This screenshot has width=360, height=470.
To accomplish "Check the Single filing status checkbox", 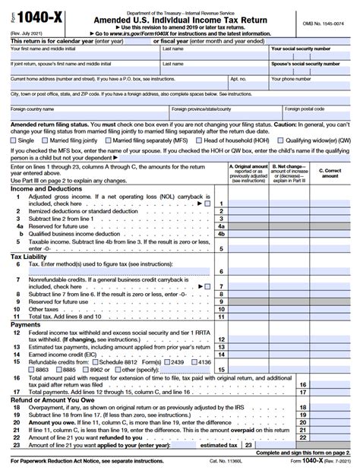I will [x=14, y=140].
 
